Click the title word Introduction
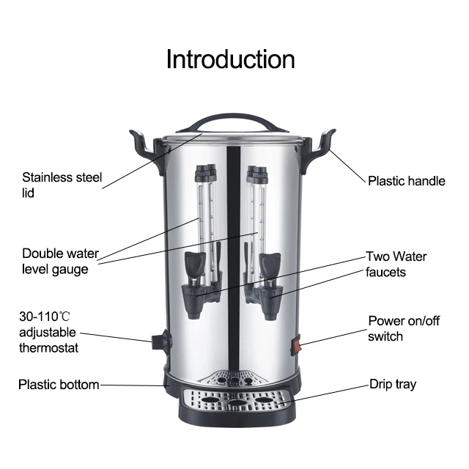(230, 59)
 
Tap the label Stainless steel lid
(62, 185)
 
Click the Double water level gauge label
(60, 262)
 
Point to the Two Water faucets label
(396, 265)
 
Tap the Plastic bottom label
(59, 385)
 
